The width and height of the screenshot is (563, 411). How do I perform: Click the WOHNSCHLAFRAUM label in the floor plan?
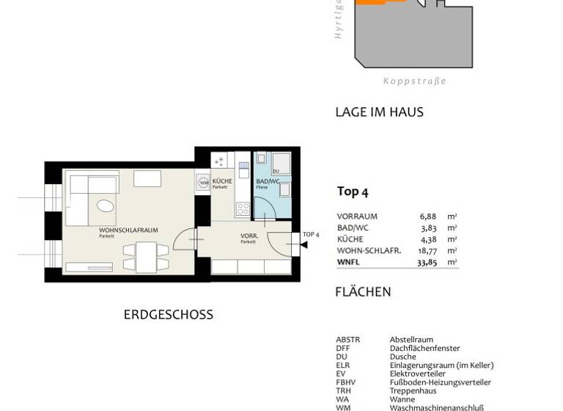coord(128,230)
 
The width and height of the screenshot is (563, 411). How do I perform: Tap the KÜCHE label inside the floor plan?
coord(221,181)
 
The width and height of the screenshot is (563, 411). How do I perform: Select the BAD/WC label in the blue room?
coord(268,181)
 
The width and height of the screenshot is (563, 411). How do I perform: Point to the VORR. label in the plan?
coord(249,236)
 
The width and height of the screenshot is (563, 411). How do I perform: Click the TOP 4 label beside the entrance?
coord(311,235)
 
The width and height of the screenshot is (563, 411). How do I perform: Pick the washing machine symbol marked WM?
coord(204,183)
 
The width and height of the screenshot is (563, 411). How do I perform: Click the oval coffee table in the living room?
coord(106,205)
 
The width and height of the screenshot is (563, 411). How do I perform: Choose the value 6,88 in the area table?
coord(427,217)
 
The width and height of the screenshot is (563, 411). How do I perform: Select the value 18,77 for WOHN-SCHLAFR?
coord(427,250)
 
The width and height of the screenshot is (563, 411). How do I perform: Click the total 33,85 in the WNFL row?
coord(427,262)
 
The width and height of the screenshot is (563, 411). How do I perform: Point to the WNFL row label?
coord(349,262)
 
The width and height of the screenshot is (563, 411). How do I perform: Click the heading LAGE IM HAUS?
coord(379,112)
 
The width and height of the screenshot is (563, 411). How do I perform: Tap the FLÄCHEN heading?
coord(363,292)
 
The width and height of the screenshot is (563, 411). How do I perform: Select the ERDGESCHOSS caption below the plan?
coord(168,315)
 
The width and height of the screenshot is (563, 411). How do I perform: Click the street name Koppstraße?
coord(414,81)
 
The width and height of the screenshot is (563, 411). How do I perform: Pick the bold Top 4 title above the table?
coord(353,192)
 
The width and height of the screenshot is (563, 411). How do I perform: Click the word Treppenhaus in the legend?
coord(413,391)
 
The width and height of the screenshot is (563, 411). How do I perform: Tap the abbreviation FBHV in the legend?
coord(345,382)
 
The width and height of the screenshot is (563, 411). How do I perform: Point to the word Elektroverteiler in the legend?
coord(417,374)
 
